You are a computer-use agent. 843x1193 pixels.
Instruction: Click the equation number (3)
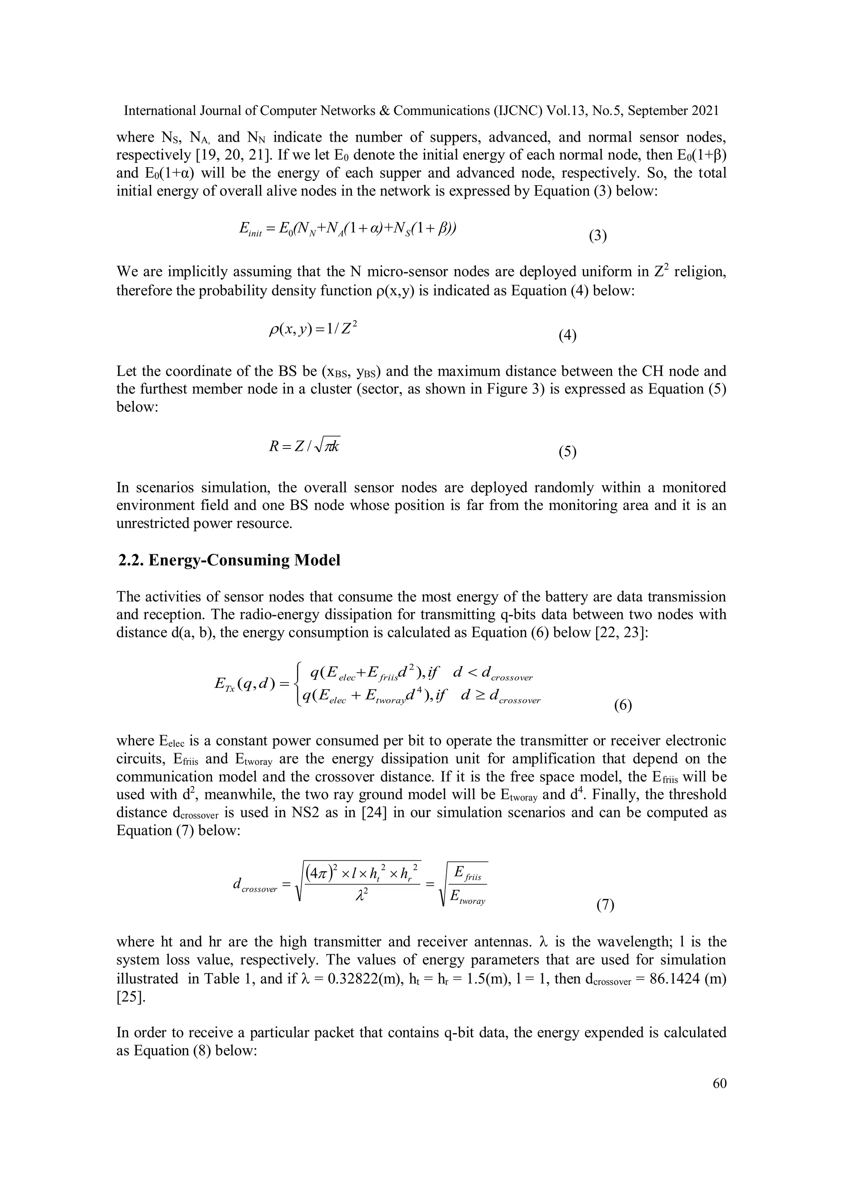tap(598, 236)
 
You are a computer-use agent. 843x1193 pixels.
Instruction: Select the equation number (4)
tap(568, 336)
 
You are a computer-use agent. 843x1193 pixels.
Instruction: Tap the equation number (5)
tap(568, 452)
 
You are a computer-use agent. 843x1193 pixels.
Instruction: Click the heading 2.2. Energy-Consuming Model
tap(229, 560)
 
